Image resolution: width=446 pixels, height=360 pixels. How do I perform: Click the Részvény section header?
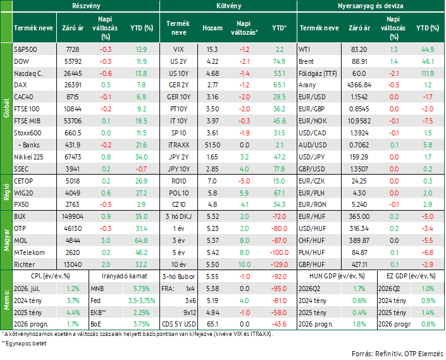(86, 6)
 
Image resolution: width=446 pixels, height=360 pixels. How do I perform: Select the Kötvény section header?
(228, 6)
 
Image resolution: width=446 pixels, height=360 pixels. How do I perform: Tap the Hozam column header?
(213, 28)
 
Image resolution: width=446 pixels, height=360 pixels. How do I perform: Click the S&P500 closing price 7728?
(73, 49)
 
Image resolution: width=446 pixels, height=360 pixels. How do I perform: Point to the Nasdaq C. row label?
(28, 73)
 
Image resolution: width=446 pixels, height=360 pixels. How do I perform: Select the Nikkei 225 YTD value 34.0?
(141, 157)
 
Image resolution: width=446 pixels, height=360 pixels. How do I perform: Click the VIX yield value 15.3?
(212, 49)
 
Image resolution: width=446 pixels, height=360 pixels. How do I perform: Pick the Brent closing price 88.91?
(359, 61)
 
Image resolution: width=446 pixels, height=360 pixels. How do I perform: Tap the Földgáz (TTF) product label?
(318, 73)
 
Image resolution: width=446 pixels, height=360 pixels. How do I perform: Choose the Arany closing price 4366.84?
(359, 85)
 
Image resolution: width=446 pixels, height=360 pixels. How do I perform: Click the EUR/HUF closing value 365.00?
(359, 216)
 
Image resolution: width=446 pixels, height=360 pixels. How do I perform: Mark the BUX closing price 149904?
(73, 216)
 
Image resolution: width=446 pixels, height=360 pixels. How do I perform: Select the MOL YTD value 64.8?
(141, 240)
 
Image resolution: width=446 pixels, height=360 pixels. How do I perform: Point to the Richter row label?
(25, 264)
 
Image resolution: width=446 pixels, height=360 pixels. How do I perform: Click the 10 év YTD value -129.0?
(279, 264)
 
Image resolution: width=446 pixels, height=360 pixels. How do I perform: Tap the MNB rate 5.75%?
(141, 289)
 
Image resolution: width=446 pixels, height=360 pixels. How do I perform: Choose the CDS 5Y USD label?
(178, 324)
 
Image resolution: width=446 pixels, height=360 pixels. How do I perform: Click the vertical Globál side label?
(6, 108)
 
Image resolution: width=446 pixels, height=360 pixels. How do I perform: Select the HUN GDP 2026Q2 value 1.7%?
(359, 289)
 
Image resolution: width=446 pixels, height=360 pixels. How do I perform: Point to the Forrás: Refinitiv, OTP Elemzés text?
(397, 354)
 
